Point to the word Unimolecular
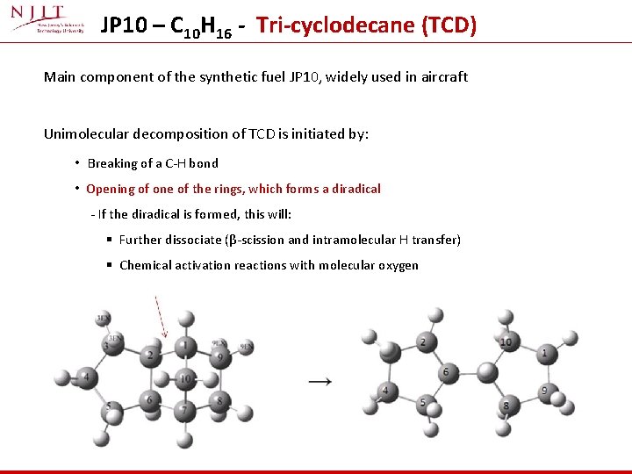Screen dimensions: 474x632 click(x=84, y=134)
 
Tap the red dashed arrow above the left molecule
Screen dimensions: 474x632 click(x=160, y=317)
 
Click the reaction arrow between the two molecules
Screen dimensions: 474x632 click(x=320, y=381)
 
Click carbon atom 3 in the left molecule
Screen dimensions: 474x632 click(x=107, y=345)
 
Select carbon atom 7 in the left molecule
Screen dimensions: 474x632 click(x=184, y=410)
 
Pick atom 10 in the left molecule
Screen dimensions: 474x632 click(x=184, y=379)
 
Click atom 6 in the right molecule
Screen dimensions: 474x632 click(x=446, y=372)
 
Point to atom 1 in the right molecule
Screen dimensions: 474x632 click(x=544, y=354)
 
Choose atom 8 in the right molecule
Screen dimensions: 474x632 click(x=506, y=406)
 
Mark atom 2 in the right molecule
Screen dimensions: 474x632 click(x=422, y=342)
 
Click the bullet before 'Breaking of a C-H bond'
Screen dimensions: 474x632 click(x=77, y=163)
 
